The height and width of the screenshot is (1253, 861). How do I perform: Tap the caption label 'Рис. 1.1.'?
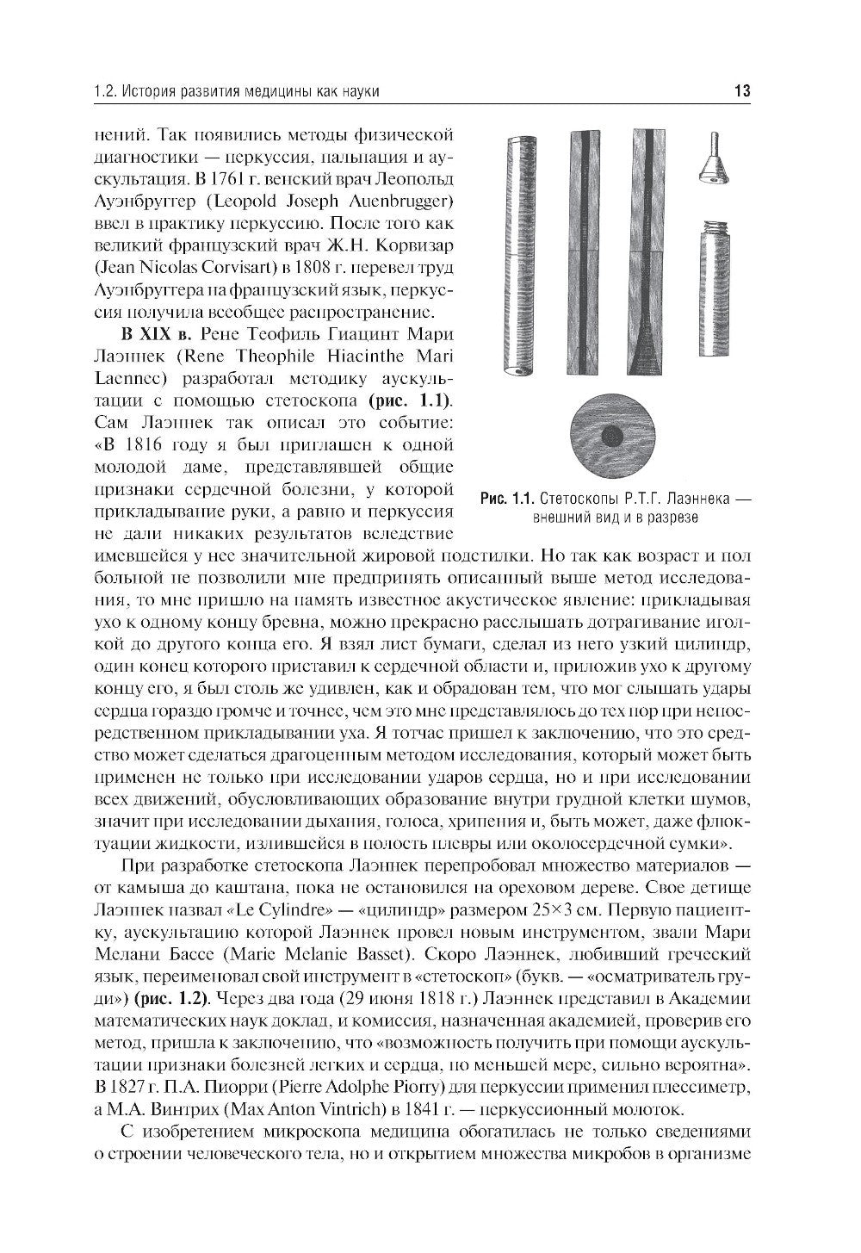click(x=508, y=499)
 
